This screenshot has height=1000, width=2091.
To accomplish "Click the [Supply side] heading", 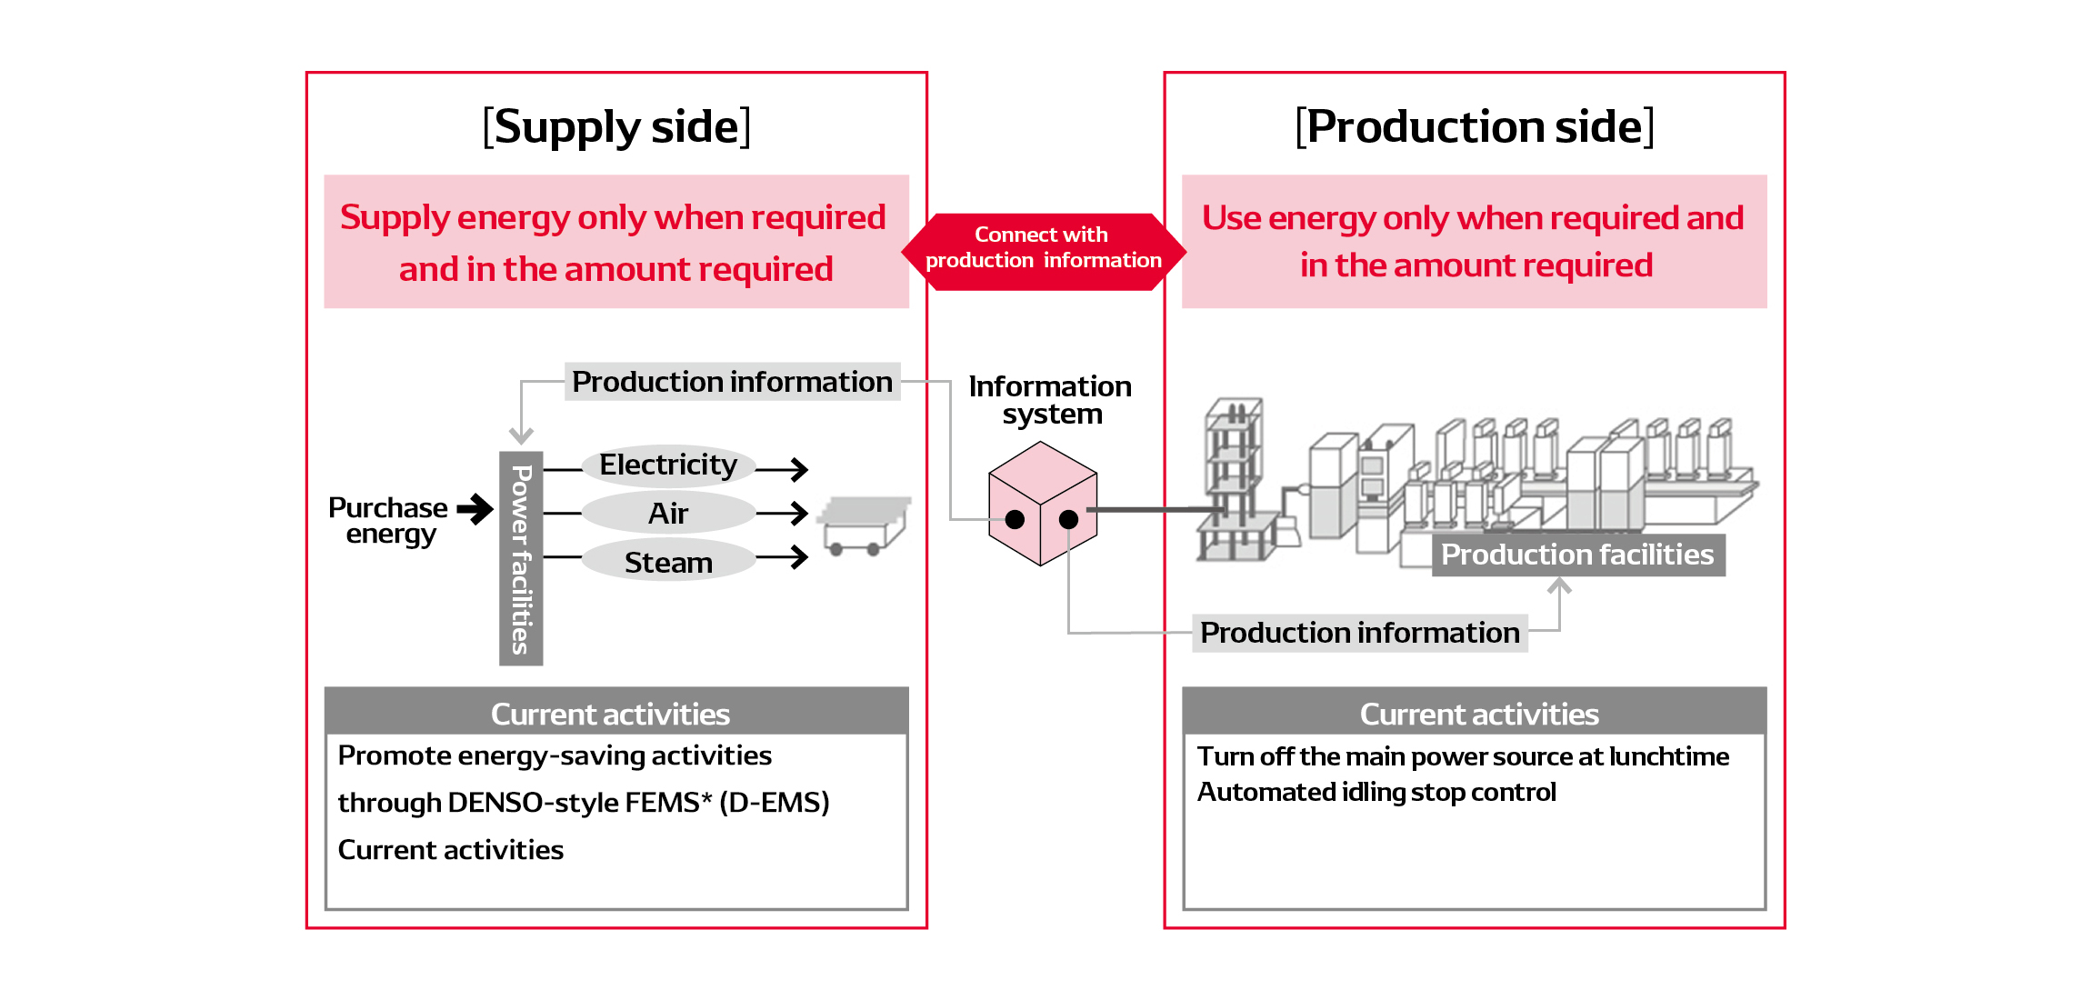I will (616, 126).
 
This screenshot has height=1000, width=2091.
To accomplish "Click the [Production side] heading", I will (1474, 126).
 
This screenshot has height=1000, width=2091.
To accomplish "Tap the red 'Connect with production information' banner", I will (1043, 248).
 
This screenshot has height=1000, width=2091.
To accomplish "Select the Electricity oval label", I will (668, 465).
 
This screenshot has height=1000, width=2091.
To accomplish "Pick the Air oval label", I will (668, 514).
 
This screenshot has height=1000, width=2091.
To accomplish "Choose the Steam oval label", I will (668, 563).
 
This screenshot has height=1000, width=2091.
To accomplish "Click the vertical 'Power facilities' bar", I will (521, 558).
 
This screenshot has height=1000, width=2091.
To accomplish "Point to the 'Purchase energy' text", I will (389, 520).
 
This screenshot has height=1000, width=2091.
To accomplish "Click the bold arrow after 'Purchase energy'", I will (475, 509).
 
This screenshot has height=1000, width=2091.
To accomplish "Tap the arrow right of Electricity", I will (783, 469).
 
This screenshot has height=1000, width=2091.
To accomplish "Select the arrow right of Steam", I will (783, 557).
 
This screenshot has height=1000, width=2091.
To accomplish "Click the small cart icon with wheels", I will (863, 526).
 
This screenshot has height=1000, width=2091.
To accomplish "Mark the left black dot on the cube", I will (1015, 520).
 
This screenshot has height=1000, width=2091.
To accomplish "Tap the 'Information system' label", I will (1050, 400).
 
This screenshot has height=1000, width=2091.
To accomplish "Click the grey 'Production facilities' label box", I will (1577, 555).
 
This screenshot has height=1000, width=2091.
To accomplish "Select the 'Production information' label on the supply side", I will (732, 382).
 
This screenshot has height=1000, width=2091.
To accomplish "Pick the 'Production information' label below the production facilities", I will (1359, 633).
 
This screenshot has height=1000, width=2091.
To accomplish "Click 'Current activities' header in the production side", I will (1478, 714).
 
